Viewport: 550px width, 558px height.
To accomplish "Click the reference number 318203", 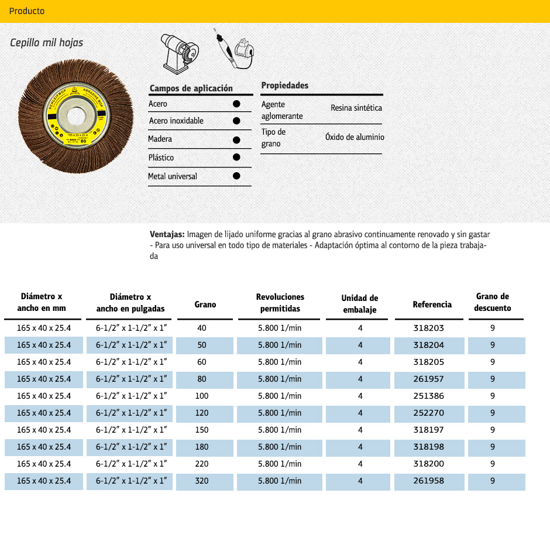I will point(429,328).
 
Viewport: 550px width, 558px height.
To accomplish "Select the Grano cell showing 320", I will point(201,481).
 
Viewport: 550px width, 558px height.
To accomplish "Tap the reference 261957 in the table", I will point(429,379).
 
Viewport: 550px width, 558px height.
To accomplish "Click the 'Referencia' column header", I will point(432,304).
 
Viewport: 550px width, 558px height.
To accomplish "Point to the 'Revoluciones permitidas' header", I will point(280,303).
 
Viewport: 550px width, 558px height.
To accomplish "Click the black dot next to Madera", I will point(236,140).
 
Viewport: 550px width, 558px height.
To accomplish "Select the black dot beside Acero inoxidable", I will point(236,121).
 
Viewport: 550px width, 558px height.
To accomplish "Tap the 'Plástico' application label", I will point(161,158).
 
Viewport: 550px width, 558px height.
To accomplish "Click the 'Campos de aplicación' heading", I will point(191,88).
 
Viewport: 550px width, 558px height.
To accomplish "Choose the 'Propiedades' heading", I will point(285,85).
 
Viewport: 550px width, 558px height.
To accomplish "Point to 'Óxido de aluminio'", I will point(355,137).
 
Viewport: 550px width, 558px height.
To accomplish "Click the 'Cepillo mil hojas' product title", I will point(47,43).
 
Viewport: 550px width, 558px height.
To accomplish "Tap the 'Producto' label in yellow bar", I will point(27,11).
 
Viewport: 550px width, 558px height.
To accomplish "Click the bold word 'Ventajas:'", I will point(167,234).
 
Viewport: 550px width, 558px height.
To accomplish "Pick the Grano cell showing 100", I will point(201,396).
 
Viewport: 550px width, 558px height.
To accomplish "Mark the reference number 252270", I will point(429,413).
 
